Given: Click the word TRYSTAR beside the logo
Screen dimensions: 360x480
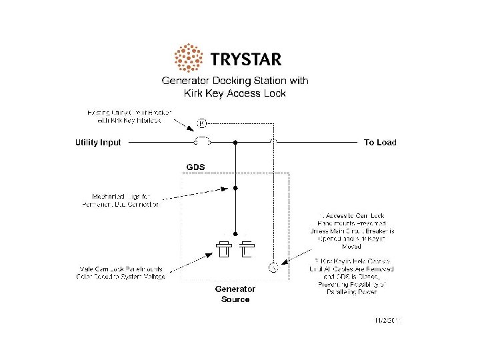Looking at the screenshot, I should click(245, 59).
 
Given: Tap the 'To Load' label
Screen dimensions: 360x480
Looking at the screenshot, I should click(380, 142).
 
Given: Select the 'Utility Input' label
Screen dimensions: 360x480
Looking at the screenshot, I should click(97, 142).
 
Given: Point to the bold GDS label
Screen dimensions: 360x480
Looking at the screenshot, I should click(195, 165).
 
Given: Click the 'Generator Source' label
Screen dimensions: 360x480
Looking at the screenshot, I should click(235, 294).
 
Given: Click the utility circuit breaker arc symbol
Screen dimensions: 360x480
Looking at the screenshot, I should click(202, 140).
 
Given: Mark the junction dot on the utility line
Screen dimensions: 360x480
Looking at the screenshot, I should click(235, 141).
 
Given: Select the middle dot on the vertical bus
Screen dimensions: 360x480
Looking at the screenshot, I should click(235, 189).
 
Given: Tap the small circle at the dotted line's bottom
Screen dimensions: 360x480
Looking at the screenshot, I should click(272, 268).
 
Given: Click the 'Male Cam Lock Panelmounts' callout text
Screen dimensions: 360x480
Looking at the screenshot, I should click(120, 273).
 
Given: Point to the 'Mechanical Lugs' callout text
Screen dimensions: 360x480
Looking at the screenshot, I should click(126, 201).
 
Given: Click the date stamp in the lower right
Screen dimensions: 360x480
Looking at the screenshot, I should click(388, 320).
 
